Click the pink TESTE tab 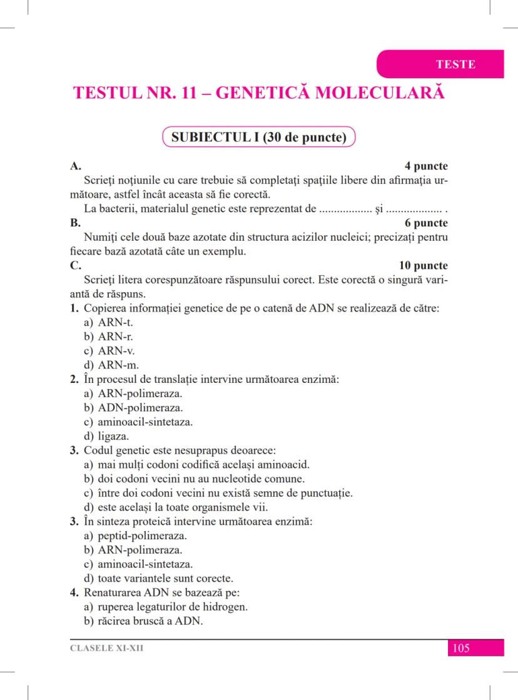tap(455, 64)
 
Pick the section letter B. tap(73, 223)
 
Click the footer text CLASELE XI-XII tap(107, 648)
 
